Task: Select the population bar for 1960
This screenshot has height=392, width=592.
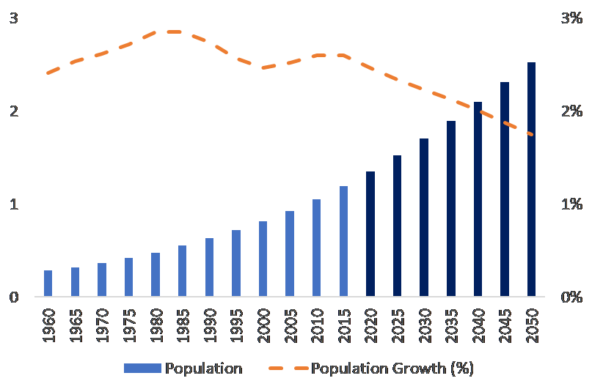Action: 48,284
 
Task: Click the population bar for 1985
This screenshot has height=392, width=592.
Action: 183,271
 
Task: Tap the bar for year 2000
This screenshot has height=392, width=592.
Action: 263,259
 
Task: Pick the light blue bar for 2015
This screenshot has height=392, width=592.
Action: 343,242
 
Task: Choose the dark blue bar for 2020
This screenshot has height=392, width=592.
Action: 370,234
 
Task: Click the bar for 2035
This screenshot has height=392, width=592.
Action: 451,209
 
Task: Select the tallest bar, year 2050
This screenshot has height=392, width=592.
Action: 531,180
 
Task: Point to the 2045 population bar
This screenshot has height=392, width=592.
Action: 505,190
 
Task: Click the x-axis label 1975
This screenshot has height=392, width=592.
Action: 129,323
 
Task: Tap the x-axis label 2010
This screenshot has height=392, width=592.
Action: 317,323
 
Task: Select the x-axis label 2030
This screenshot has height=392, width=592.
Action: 424,323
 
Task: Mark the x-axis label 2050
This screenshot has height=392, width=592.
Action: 531,323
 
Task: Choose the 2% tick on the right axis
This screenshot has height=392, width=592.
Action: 571,111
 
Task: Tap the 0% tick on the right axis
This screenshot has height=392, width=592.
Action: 571,297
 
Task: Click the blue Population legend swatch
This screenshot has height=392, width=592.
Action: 142,369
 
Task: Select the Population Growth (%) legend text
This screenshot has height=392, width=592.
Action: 392,369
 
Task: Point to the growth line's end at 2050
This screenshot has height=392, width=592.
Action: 531,135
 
